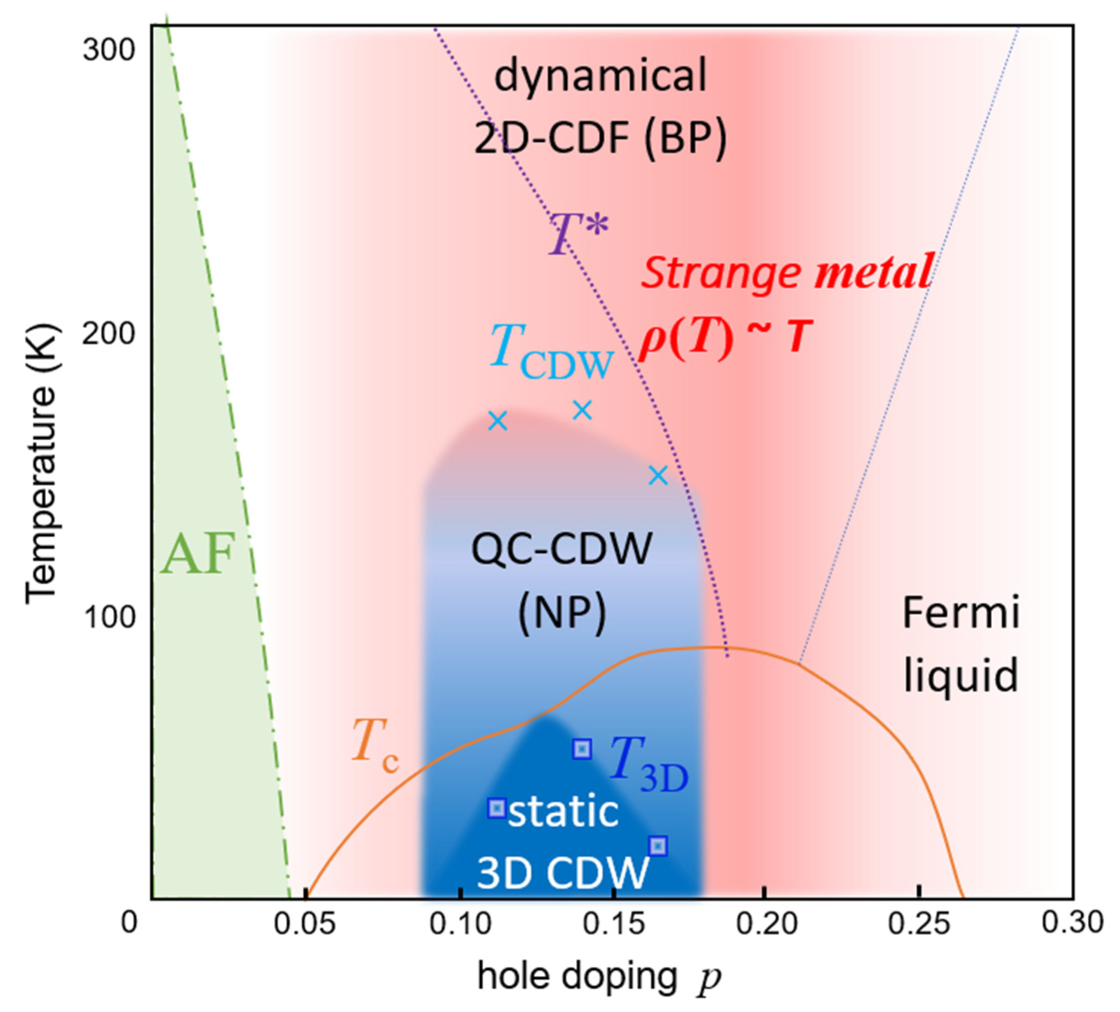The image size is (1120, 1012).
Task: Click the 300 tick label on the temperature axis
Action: [109, 51]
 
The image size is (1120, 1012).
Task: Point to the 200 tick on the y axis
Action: [109, 334]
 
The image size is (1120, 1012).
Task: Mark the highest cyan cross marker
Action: [582, 410]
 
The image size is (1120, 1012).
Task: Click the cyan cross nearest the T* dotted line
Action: [658, 475]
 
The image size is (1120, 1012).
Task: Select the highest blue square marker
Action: [582, 749]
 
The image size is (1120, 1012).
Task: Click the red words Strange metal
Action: [786, 272]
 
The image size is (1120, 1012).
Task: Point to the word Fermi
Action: [961, 613]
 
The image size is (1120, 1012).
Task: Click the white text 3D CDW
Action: [563, 871]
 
